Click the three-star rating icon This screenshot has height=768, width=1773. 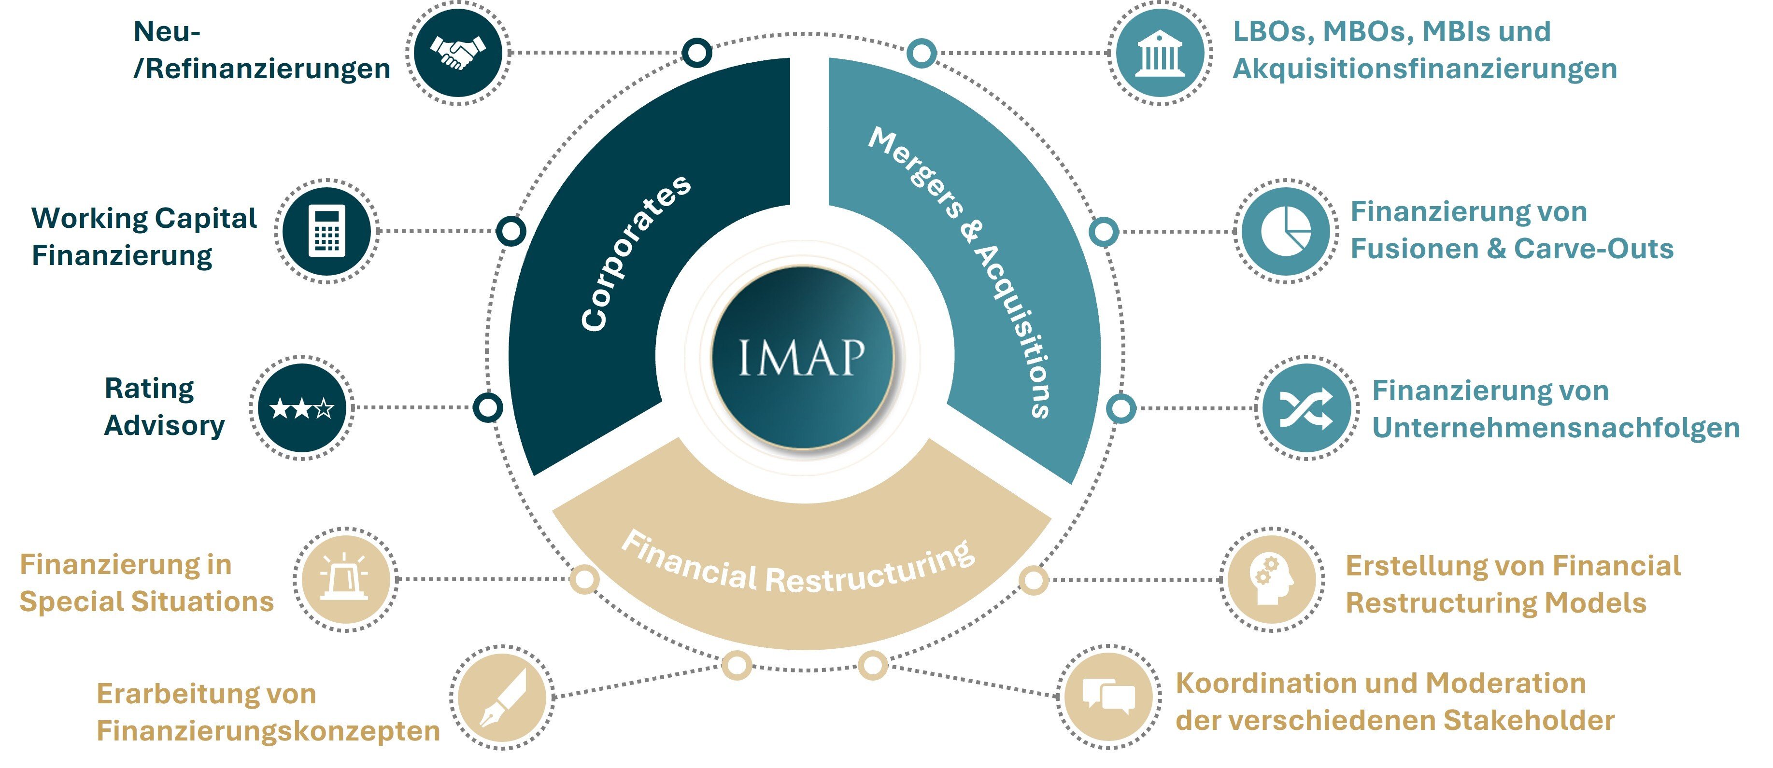click(301, 408)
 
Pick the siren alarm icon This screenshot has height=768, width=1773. click(345, 579)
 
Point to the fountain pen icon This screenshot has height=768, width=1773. click(502, 697)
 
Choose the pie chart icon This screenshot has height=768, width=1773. click(1285, 231)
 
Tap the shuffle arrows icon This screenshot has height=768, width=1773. click(1305, 408)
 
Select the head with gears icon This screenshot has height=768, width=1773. click(1272, 579)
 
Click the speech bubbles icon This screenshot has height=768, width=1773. click(1108, 697)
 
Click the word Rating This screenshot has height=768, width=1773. click(149, 389)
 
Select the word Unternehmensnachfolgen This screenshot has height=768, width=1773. click(1556, 428)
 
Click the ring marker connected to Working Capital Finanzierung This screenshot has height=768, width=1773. click(511, 231)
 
